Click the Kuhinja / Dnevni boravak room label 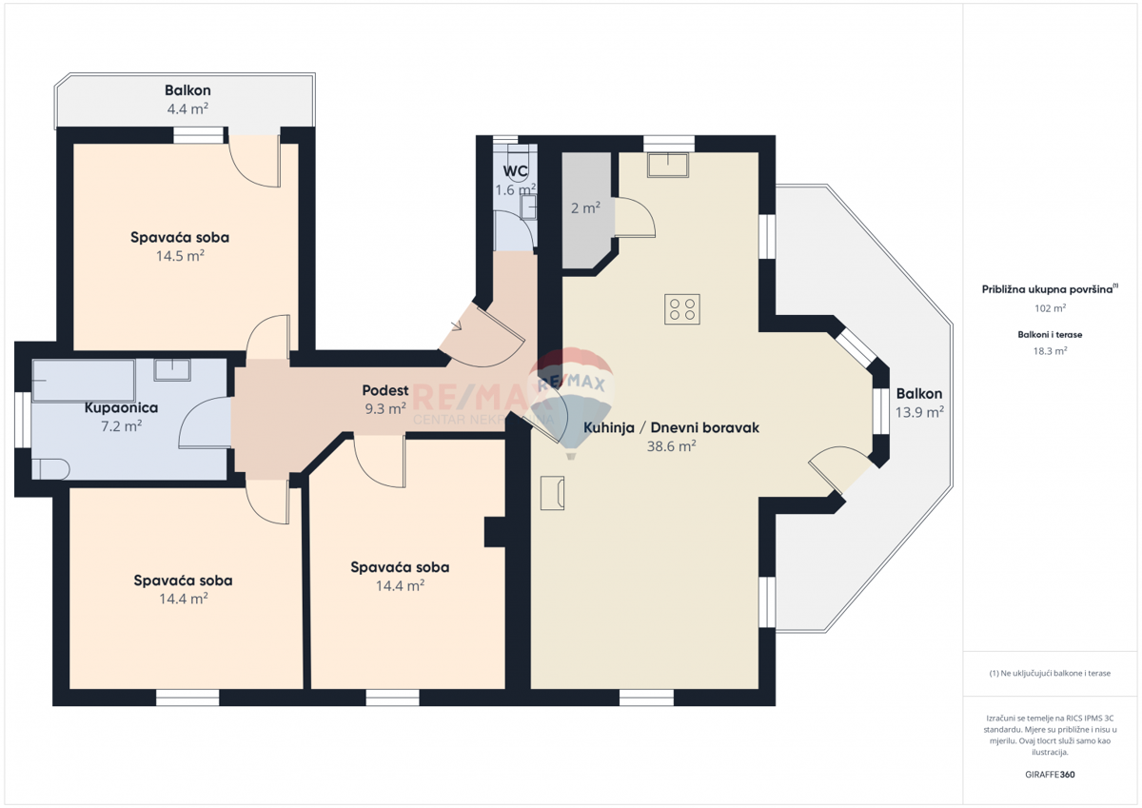click(x=671, y=428)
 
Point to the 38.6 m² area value click(x=671, y=446)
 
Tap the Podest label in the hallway click(x=385, y=390)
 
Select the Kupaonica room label click(x=121, y=407)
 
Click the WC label click(x=515, y=171)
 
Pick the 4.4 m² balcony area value click(x=187, y=108)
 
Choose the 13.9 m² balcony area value click(x=918, y=412)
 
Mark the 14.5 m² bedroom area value click(x=180, y=256)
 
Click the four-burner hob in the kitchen click(x=682, y=309)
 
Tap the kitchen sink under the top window click(x=669, y=165)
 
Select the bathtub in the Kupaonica click(x=83, y=380)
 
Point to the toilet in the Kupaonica click(x=51, y=468)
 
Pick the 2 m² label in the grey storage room click(x=584, y=208)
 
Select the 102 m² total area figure click(x=1050, y=308)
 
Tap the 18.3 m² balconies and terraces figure click(x=1050, y=350)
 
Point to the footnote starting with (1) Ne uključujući click(x=1050, y=673)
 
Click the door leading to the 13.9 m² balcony click(x=837, y=473)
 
